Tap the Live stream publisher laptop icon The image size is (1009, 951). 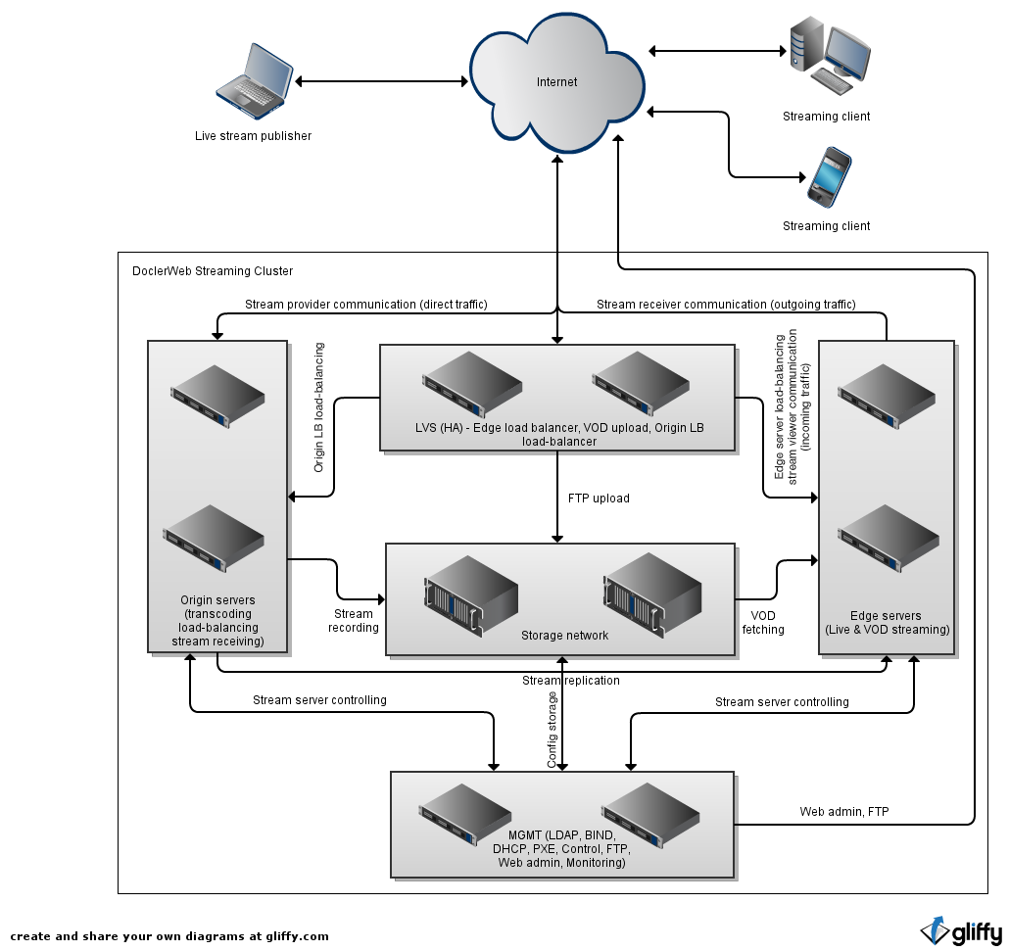pyautogui.click(x=255, y=76)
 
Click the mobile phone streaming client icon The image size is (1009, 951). pyautogui.click(x=825, y=176)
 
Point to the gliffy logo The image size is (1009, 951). pyautogui.click(x=961, y=930)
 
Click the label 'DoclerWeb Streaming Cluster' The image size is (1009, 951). pyautogui.click(x=212, y=271)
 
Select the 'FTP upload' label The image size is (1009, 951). pyautogui.click(x=599, y=499)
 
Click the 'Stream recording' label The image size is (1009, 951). pyautogui.click(x=354, y=621)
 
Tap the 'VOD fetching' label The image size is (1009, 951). pyautogui.click(x=763, y=623)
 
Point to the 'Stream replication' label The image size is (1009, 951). pyautogui.click(x=571, y=681)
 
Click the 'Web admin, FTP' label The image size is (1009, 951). pyautogui.click(x=843, y=812)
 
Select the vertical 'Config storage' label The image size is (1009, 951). pyautogui.click(x=553, y=730)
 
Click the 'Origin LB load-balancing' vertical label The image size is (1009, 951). pyautogui.click(x=319, y=407)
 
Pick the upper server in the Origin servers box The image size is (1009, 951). pyautogui.click(x=217, y=396)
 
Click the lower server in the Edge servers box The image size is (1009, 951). pyautogui.click(x=889, y=538)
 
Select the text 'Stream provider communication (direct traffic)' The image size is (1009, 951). pyautogui.click(x=365, y=305)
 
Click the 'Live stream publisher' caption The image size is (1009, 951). pyautogui.click(x=253, y=136)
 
